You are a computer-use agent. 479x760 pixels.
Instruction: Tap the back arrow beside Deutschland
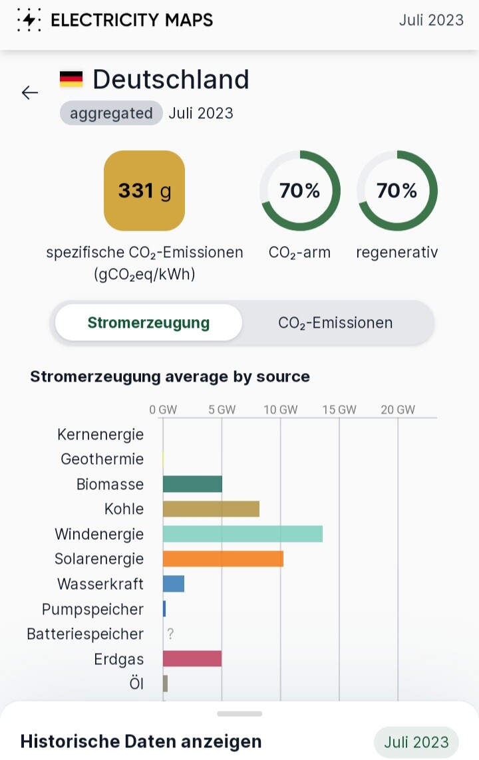point(30,92)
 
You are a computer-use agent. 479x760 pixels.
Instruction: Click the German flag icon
point(71,80)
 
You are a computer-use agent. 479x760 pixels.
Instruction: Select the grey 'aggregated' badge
point(111,113)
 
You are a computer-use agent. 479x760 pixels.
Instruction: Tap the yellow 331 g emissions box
point(144,191)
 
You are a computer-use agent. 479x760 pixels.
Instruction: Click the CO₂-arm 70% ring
point(299,191)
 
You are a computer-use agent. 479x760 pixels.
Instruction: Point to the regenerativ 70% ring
point(397,191)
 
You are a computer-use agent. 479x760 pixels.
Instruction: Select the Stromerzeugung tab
point(148,323)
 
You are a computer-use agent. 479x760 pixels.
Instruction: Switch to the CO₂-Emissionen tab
point(335,323)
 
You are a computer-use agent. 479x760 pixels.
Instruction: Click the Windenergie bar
point(242,534)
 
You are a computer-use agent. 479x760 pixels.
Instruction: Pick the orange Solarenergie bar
point(223,559)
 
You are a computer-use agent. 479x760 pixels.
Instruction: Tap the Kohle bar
point(211,509)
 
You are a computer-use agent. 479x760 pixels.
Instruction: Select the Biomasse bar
point(192,484)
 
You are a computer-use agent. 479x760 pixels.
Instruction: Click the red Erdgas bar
point(192,659)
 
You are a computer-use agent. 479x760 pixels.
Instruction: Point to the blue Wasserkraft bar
point(174,584)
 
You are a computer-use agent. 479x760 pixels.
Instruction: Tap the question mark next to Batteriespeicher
point(170,634)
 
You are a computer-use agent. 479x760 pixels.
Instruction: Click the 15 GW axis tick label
point(339,410)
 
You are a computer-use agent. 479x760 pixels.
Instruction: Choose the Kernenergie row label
point(100,435)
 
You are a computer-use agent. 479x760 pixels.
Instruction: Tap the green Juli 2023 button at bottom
point(416,742)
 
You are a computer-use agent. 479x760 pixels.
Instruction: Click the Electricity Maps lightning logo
point(28,20)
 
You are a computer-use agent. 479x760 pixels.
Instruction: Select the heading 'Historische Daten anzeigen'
point(141,741)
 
